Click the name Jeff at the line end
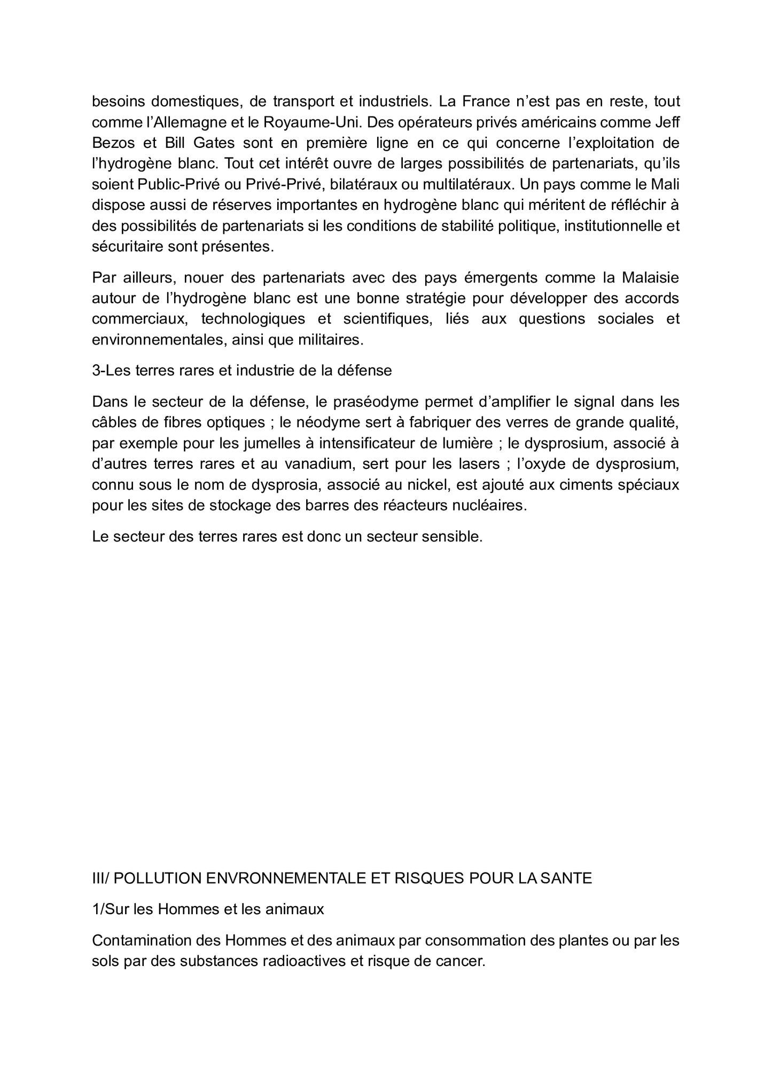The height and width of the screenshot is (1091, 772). pos(667,122)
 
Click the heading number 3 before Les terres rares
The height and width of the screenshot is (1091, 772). pos(96,371)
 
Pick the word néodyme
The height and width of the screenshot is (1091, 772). pos(319,422)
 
